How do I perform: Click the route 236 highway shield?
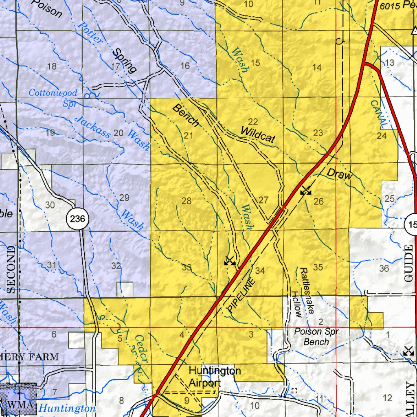pyautogui.click(x=77, y=219)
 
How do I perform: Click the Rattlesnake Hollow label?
pyautogui.click(x=302, y=292)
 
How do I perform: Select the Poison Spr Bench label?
pyautogui.click(x=316, y=337)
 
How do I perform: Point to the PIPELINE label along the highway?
pyautogui.click(x=243, y=295)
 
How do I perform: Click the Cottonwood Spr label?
pyautogui.click(x=53, y=97)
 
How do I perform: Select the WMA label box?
pyautogui.click(x=18, y=405)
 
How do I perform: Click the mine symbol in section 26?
pyautogui.click(x=305, y=190)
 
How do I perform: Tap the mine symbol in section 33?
pyautogui.click(x=230, y=261)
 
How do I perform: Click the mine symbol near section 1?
pyautogui.click(x=408, y=350)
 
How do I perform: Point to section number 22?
pyautogui.click(x=253, y=121)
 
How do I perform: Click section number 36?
pyautogui.click(x=384, y=268)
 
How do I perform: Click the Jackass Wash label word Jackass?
pyautogui.click(x=92, y=127)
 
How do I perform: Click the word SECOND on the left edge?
pyautogui.click(x=11, y=269)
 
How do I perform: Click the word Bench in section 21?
pyautogui.click(x=186, y=115)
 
